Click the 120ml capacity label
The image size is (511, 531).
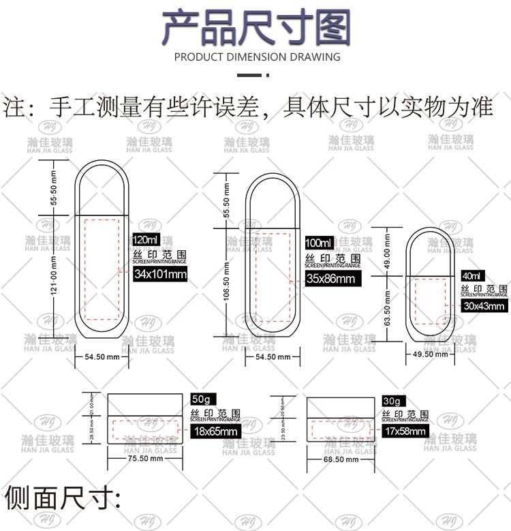click(x=146, y=240)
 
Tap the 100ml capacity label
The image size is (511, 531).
click(x=319, y=243)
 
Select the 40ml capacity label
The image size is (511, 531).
click(x=471, y=276)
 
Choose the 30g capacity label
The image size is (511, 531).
click(x=394, y=401)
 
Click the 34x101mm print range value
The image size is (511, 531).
click(x=160, y=275)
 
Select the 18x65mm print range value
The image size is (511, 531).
click(x=214, y=431)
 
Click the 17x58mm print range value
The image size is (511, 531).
click(x=405, y=431)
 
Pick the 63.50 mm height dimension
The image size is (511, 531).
click(x=387, y=307)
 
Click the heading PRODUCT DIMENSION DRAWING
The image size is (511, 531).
click(x=258, y=57)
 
